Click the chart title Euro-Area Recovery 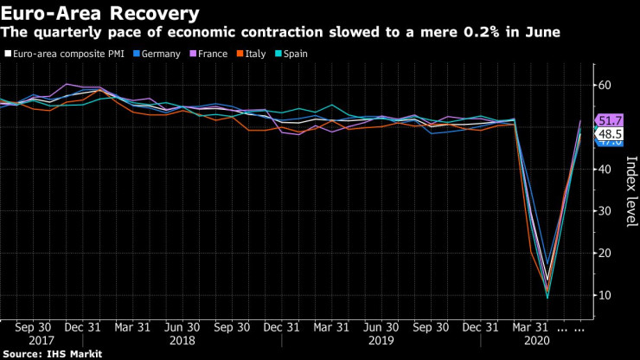tap(99, 13)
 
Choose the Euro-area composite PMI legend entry tap(67, 54)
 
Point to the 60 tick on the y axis tap(605, 86)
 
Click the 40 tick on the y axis tap(605, 170)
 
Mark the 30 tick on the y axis tap(605, 211)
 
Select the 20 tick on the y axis tap(605, 254)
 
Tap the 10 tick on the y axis tap(605, 295)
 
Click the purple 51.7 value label tap(610, 120)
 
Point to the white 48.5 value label tap(610, 134)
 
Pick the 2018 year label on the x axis tap(181, 341)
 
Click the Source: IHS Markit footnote tap(52, 354)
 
